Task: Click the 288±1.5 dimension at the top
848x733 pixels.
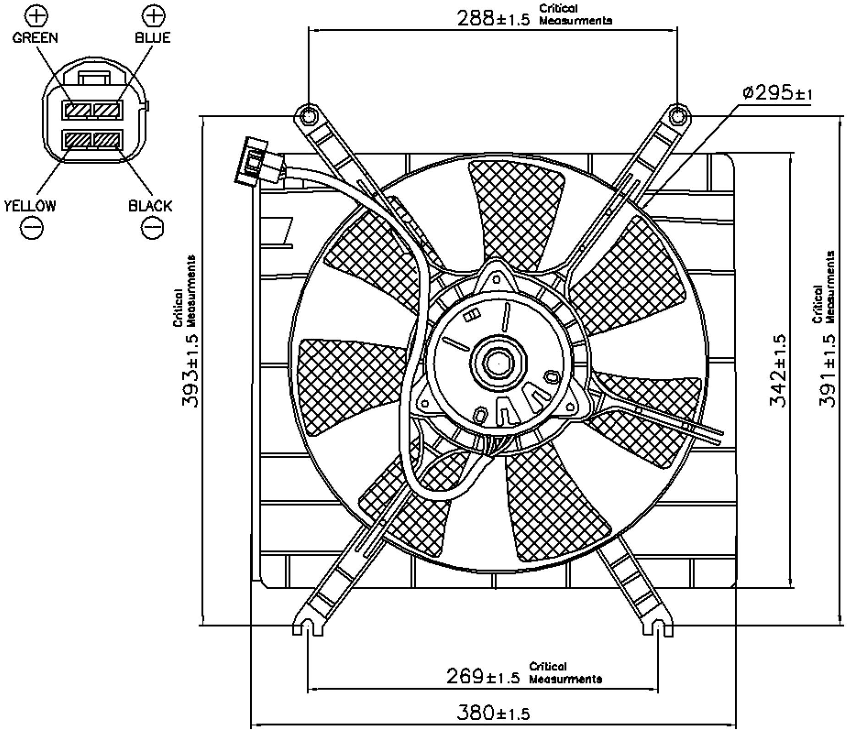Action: point(494,18)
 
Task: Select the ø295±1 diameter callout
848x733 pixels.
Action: point(777,93)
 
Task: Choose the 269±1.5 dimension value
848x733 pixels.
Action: point(483,676)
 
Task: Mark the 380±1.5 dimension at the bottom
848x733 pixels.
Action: point(493,712)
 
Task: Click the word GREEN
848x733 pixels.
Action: point(35,38)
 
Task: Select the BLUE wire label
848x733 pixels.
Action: point(152,38)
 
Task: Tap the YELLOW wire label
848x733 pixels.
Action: point(30,206)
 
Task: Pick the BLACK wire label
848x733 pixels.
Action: point(150,206)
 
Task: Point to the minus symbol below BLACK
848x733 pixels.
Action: point(152,227)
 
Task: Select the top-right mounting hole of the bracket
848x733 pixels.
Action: point(677,116)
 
